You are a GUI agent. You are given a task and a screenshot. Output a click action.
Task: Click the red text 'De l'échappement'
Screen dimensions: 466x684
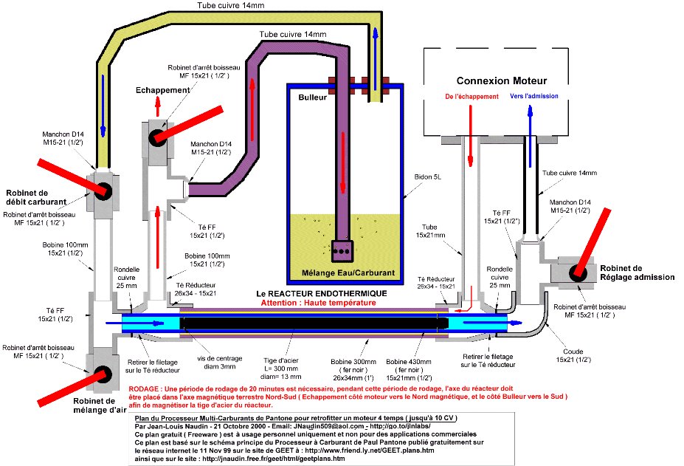click(x=471, y=97)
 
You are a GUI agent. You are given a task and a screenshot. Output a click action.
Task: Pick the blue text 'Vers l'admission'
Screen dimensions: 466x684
click(x=533, y=96)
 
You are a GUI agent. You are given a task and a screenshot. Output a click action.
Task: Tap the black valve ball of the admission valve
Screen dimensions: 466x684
click(x=576, y=271)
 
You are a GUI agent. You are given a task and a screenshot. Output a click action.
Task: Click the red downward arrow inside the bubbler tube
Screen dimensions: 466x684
click(x=344, y=144)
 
